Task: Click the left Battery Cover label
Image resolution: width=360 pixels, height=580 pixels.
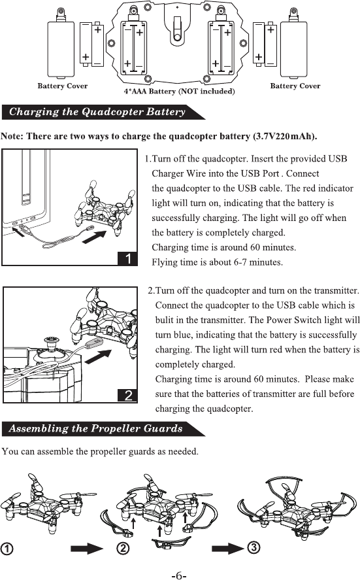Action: pyautogui.click(x=63, y=86)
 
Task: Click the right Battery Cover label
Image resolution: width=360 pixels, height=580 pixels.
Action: pyautogui.click(x=295, y=86)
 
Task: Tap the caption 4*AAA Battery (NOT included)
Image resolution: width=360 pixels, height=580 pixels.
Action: pyautogui.click(x=179, y=92)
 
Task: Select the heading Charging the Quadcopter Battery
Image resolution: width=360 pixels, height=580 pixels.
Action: pyautogui.click(x=97, y=112)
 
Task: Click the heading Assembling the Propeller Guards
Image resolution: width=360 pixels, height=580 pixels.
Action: pyautogui.click(x=96, y=428)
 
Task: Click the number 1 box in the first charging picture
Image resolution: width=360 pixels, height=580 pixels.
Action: pyautogui.click(x=127, y=258)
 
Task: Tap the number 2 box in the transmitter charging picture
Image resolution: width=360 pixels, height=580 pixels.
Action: pyautogui.click(x=128, y=396)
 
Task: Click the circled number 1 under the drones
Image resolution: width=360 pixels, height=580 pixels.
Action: pyautogui.click(x=7, y=549)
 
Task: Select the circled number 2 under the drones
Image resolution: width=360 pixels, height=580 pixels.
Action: pyautogui.click(x=123, y=548)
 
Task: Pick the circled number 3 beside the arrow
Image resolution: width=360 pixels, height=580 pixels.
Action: pyautogui.click(x=254, y=547)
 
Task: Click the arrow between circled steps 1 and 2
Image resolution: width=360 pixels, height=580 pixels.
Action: pyautogui.click(x=86, y=548)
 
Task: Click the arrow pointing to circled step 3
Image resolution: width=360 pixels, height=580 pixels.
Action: pyautogui.click(x=228, y=548)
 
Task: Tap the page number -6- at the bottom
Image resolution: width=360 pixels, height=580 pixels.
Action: pyautogui.click(x=179, y=575)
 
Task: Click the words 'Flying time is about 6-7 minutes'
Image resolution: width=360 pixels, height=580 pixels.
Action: pyautogui.click(x=217, y=262)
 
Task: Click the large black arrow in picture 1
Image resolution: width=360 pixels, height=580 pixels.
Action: pyautogui.click(x=94, y=237)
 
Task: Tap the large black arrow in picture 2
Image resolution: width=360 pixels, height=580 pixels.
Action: pyautogui.click(x=98, y=357)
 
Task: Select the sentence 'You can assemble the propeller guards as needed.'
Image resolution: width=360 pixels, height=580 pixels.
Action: pyautogui.click(x=100, y=452)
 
